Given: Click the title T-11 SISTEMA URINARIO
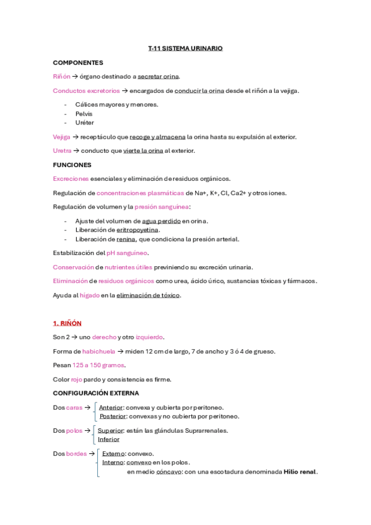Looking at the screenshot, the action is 185,48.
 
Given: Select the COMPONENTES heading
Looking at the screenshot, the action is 78,63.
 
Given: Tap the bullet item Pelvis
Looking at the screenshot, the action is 84,114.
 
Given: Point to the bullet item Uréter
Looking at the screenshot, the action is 85,123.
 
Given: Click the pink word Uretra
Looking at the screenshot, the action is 62,150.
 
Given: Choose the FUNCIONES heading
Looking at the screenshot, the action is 72,165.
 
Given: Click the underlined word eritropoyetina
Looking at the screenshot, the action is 137,230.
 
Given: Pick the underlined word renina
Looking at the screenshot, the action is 126,239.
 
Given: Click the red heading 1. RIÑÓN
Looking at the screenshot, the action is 67,323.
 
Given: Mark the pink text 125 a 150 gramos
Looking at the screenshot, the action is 98,365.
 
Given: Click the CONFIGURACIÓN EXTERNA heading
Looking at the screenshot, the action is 96,393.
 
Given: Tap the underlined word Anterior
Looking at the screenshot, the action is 111,407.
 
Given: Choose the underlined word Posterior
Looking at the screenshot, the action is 113,416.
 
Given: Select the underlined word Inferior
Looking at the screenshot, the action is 108,439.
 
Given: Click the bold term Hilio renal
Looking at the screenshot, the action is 300,471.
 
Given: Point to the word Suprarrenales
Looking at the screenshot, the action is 205,430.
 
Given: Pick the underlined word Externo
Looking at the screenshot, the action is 113,453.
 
